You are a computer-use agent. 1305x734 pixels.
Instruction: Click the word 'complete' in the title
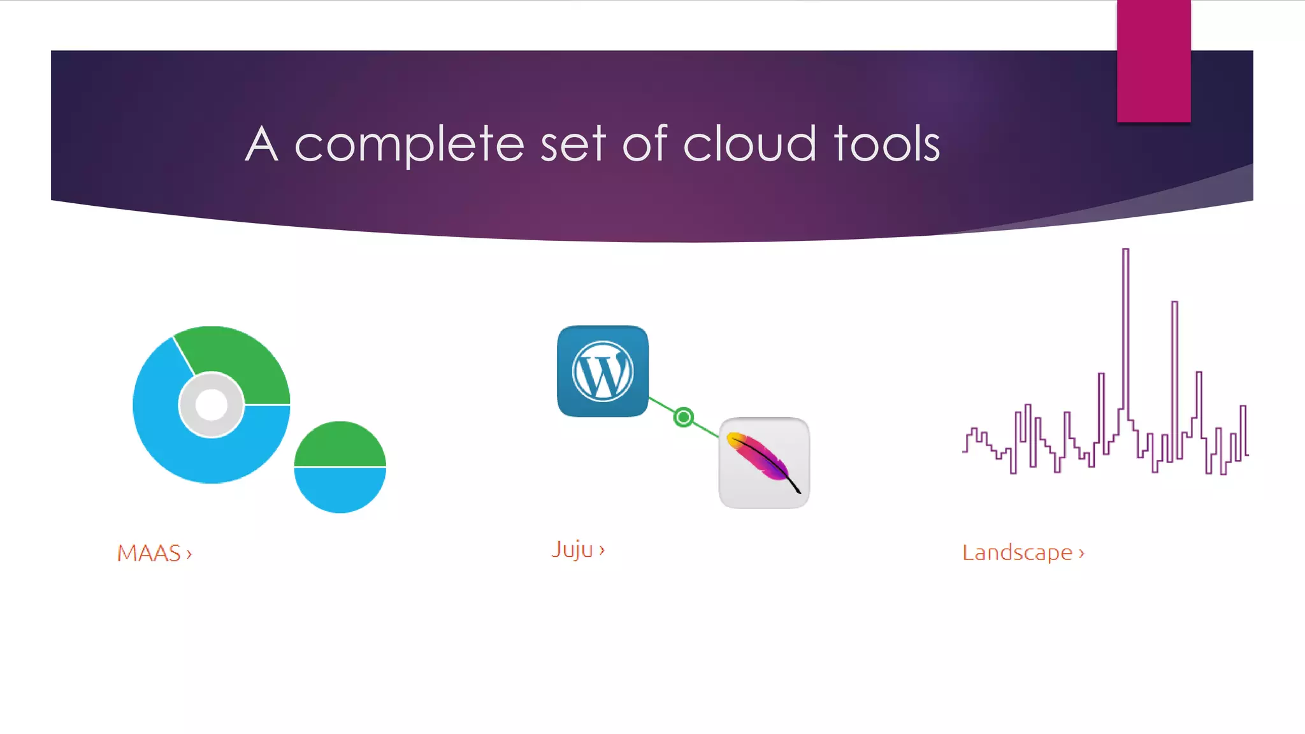(x=409, y=145)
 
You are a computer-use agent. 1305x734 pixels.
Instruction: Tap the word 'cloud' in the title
(x=749, y=144)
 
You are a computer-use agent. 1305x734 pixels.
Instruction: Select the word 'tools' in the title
(x=886, y=144)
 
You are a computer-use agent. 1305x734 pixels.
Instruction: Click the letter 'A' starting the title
(x=262, y=144)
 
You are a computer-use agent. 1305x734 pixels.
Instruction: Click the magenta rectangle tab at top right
(x=1153, y=61)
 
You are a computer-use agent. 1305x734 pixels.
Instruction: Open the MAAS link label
(x=149, y=553)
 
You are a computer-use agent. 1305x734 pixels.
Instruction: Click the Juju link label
(x=572, y=549)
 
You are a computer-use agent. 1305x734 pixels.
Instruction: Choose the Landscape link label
(x=1017, y=552)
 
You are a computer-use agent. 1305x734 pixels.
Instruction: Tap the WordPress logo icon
(x=603, y=371)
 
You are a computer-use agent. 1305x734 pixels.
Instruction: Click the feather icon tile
(x=764, y=463)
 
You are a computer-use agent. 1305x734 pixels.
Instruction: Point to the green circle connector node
(x=683, y=417)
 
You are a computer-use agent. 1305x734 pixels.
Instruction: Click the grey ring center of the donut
(x=212, y=405)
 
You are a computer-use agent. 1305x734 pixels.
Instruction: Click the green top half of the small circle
(x=340, y=445)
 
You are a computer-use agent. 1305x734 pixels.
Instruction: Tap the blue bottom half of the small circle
(x=340, y=489)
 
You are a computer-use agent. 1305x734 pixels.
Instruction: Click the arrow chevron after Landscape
(x=1081, y=554)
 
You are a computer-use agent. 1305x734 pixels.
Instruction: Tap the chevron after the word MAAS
(x=189, y=554)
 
